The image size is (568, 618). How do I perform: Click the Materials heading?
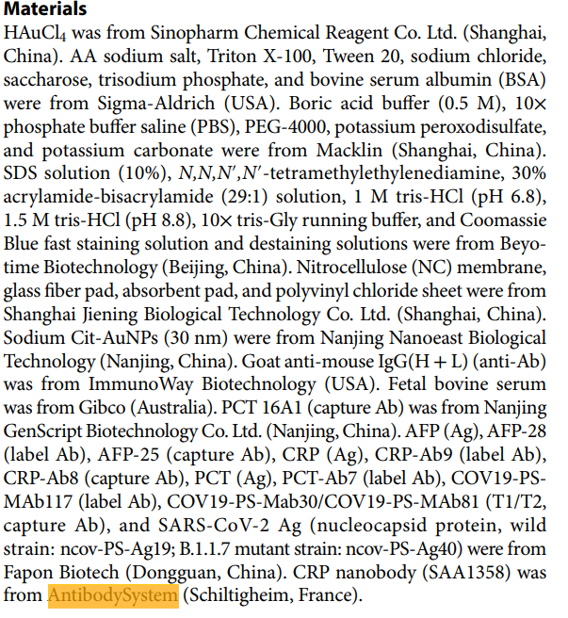click(x=47, y=10)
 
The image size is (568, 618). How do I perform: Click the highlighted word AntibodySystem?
click(x=113, y=596)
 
